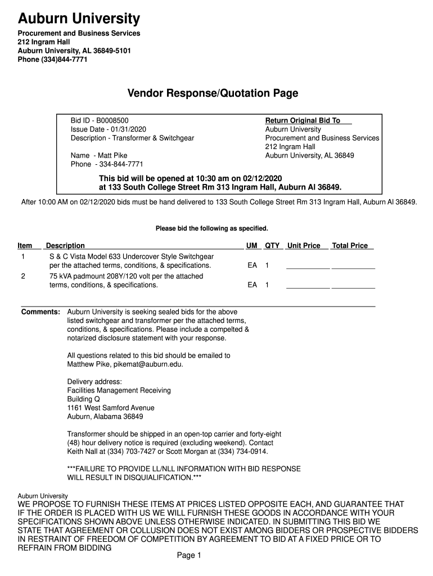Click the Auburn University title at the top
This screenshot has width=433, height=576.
click(79, 19)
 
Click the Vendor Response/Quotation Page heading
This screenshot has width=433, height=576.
click(212, 93)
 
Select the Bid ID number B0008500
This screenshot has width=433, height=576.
click(112, 120)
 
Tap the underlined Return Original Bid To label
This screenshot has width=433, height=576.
click(303, 120)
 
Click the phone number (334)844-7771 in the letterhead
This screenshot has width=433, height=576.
click(64, 59)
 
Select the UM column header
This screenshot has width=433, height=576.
click(252, 246)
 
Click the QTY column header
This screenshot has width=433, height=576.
click(272, 246)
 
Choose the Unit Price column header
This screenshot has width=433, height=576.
click(304, 246)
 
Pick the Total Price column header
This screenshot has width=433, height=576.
click(350, 246)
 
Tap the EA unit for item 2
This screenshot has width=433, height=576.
click(252, 285)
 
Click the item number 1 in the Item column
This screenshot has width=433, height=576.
click(23, 256)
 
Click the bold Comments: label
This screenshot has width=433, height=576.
click(40, 312)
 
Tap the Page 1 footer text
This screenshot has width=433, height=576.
click(189, 556)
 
